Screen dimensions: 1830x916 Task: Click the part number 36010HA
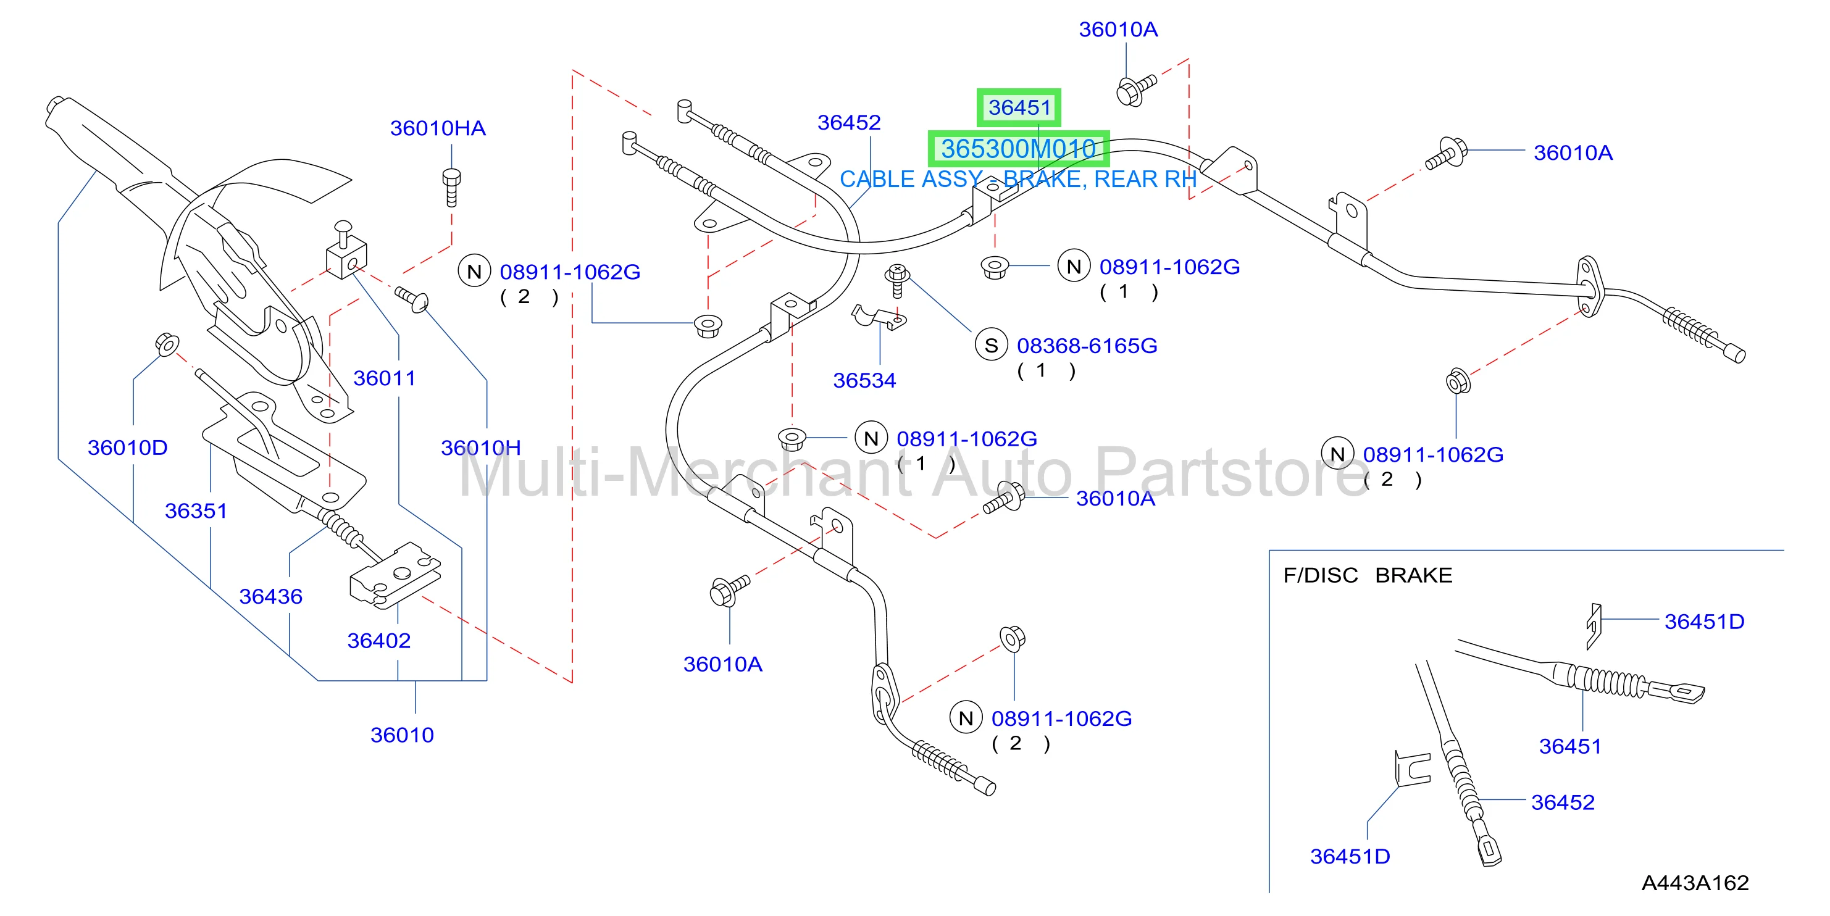(x=438, y=128)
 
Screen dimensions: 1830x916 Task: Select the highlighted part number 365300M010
(x=1019, y=149)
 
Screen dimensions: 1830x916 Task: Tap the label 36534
(x=864, y=381)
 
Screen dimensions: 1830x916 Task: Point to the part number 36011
(x=384, y=378)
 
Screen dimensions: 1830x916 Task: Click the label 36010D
(x=128, y=448)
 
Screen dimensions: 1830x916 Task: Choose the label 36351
(x=196, y=511)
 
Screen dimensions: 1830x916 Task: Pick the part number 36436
(x=270, y=596)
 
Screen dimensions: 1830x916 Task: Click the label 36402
(x=378, y=641)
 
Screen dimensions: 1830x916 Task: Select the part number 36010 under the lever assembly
(x=402, y=736)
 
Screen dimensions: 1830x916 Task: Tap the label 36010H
(x=481, y=448)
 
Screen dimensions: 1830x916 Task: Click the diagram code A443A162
(x=1695, y=883)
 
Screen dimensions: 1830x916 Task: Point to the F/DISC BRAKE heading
(x=1368, y=575)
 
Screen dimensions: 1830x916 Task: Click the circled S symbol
(x=991, y=346)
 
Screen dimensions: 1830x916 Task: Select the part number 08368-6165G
(x=1087, y=346)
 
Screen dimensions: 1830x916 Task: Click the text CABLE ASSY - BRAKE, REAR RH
(x=1018, y=180)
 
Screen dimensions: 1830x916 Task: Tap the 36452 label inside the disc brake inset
(x=1563, y=802)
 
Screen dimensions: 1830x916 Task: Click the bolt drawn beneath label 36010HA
(x=451, y=187)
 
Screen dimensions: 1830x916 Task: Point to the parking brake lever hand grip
(x=107, y=142)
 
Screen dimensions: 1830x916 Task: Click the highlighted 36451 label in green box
(x=1019, y=108)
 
